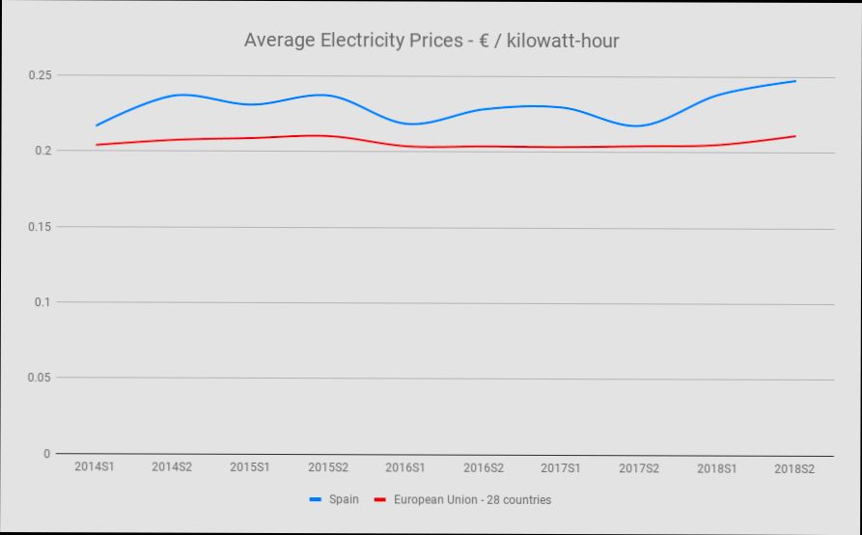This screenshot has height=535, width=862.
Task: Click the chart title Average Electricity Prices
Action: tap(431, 41)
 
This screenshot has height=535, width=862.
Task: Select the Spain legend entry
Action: tap(344, 500)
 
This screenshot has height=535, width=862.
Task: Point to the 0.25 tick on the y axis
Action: tap(41, 75)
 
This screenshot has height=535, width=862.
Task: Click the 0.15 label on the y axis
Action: tap(41, 227)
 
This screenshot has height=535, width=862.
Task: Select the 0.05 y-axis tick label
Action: tap(41, 378)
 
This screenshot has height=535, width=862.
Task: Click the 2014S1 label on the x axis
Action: tap(95, 466)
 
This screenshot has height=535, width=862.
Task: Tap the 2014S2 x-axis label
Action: tap(173, 466)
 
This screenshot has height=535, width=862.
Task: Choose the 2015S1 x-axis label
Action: tap(250, 466)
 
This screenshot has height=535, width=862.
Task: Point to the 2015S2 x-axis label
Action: tap(328, 466)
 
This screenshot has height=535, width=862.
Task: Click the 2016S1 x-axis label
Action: tap(405, 466)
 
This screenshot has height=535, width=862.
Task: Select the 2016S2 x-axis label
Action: tap(484, 466)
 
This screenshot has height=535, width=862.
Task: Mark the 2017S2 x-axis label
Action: tap(639, 466)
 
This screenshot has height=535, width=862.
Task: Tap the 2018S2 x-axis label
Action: tap(793, 466)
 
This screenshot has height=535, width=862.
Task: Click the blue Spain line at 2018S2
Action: tap(794, 81)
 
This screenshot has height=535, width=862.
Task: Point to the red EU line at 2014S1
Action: tap(97, 145)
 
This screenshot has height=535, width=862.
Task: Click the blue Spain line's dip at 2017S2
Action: tap(639, 126)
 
